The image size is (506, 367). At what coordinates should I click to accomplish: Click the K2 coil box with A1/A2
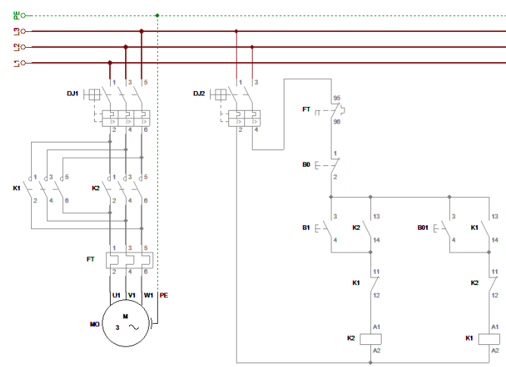pos(372,338)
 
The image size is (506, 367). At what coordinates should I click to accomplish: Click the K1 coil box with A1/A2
pos(490,338)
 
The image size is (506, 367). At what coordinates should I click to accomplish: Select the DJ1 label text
pos(73,93)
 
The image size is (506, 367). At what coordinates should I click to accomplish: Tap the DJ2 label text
pos(199,93)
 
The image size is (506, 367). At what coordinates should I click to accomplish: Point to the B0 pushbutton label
pos(306,163)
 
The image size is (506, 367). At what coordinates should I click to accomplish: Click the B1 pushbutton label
pos(306,227)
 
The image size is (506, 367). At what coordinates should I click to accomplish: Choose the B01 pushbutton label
pos(424,227)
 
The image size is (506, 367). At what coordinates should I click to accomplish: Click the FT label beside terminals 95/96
pos(306,110)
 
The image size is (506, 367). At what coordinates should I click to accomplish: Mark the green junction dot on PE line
pos(157,15)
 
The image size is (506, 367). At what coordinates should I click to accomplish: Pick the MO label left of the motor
pos(94,324)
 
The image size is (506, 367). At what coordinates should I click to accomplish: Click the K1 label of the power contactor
pos(17,187)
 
